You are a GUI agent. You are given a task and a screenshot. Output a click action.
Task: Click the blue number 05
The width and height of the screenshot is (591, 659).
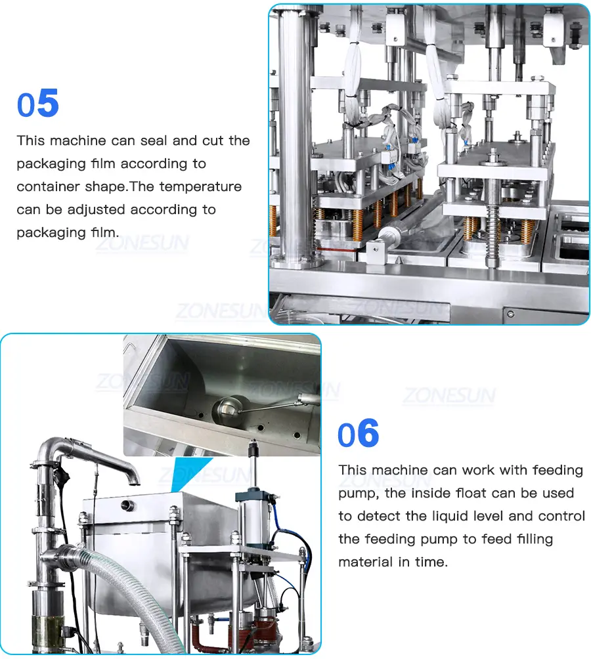(38, 104)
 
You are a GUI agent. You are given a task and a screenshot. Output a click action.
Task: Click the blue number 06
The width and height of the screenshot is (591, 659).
(358, 433)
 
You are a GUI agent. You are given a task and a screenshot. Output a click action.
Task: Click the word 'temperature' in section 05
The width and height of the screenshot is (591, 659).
(200, 186)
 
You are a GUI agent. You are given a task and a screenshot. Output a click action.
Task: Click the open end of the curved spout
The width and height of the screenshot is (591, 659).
(134, 478)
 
